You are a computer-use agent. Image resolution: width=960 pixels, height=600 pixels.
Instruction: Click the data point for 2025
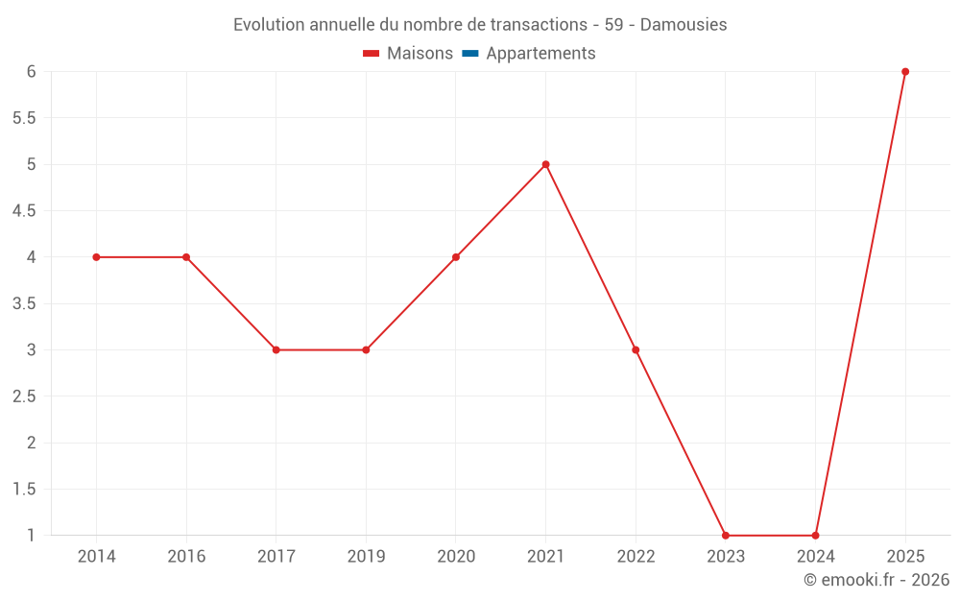(905, 72)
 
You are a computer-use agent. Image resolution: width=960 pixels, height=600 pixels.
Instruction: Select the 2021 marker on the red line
(545, 164)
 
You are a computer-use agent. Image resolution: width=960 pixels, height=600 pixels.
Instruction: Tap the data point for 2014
(96, 257)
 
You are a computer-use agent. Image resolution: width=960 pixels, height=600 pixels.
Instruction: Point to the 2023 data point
(726, 536)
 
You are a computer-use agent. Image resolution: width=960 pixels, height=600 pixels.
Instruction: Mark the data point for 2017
(276, 350)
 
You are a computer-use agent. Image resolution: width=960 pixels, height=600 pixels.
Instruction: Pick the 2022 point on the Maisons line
(636, 350)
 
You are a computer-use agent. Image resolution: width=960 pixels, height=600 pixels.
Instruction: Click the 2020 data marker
(456, 257)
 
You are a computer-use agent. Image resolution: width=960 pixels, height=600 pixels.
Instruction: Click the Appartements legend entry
(540, 54)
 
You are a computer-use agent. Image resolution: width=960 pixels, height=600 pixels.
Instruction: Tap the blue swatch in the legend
(470, 54)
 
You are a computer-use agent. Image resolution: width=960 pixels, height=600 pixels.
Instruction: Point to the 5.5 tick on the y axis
(24, 118)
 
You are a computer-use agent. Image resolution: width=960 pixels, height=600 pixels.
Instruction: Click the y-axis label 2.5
(24, 396)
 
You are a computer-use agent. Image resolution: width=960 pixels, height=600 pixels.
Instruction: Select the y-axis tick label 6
(32, 72)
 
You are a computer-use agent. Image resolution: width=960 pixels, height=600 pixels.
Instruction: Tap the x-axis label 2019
(366, 557)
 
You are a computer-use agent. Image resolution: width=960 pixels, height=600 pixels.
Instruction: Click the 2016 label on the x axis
(186, 557)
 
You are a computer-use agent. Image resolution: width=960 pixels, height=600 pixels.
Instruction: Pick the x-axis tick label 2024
(815, 557)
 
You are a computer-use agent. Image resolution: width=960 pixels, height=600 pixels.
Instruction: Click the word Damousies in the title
(684, 25)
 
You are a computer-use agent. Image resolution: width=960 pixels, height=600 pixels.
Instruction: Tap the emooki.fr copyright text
(876, 580)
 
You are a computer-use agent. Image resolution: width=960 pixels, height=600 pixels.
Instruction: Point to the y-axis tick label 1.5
(24, 490)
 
